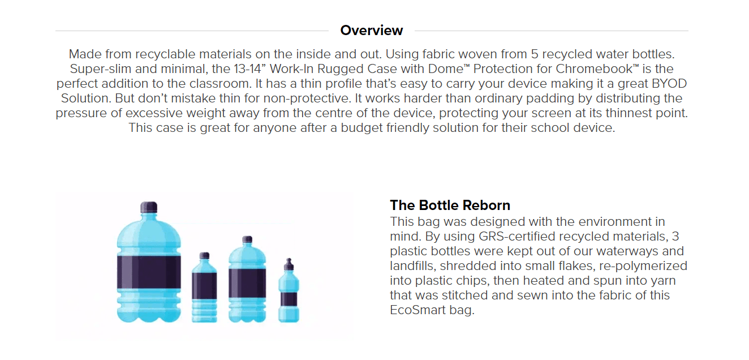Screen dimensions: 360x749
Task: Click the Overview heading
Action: (372, 31)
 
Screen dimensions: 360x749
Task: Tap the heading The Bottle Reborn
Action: (450, 205)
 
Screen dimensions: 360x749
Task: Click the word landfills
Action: (414, 265)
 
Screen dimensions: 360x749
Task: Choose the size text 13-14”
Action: (234, 69)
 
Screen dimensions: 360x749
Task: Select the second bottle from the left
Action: (204, 289)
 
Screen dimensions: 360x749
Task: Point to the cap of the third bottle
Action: (247, 240)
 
